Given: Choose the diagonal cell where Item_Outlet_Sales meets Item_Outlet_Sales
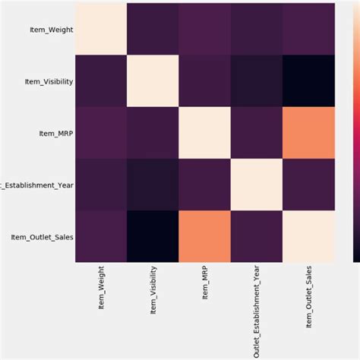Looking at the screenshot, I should point(308,233).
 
